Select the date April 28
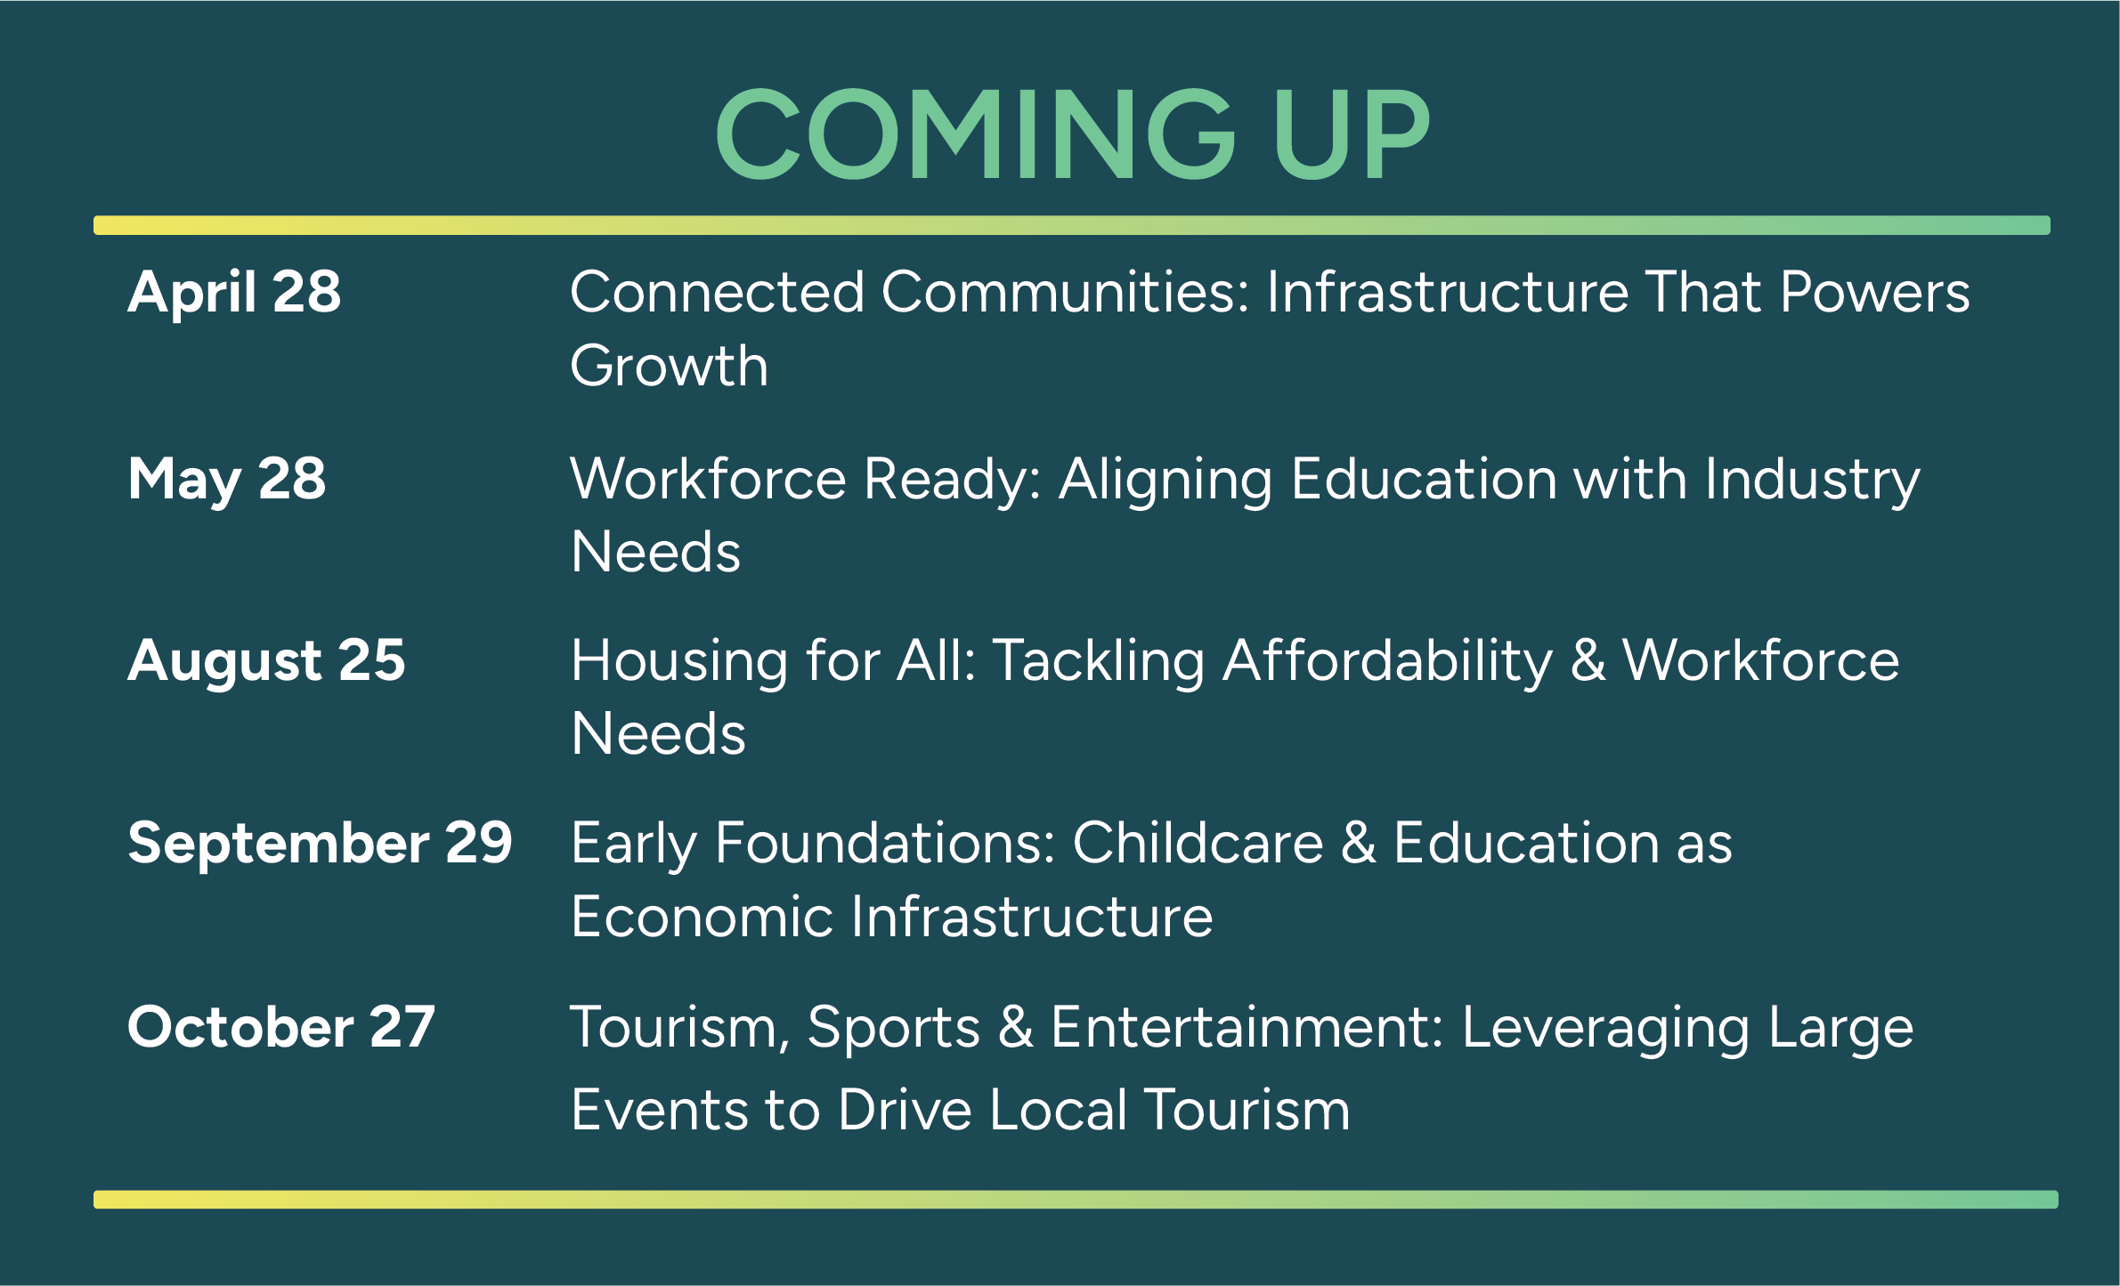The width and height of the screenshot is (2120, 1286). tap(234, 293)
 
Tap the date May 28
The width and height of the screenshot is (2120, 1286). tap(227, 480)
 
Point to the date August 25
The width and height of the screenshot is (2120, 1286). tap(266, 662)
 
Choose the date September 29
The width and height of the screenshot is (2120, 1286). tap(320, 844)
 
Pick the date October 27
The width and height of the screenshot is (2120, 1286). tap(280, 1027)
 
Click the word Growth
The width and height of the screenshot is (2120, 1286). tap(669, 368)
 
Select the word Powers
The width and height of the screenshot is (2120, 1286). tap(1875, 292)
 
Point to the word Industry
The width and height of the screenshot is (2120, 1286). tap(1812, 481)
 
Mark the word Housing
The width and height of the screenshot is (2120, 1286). tap(679, 663)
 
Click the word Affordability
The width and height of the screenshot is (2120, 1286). tap(1387, 663)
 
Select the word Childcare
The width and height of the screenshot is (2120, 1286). tap(1198, 843)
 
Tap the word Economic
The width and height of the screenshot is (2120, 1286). tap(702, 917)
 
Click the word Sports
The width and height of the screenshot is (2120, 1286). tap(894, 1030)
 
